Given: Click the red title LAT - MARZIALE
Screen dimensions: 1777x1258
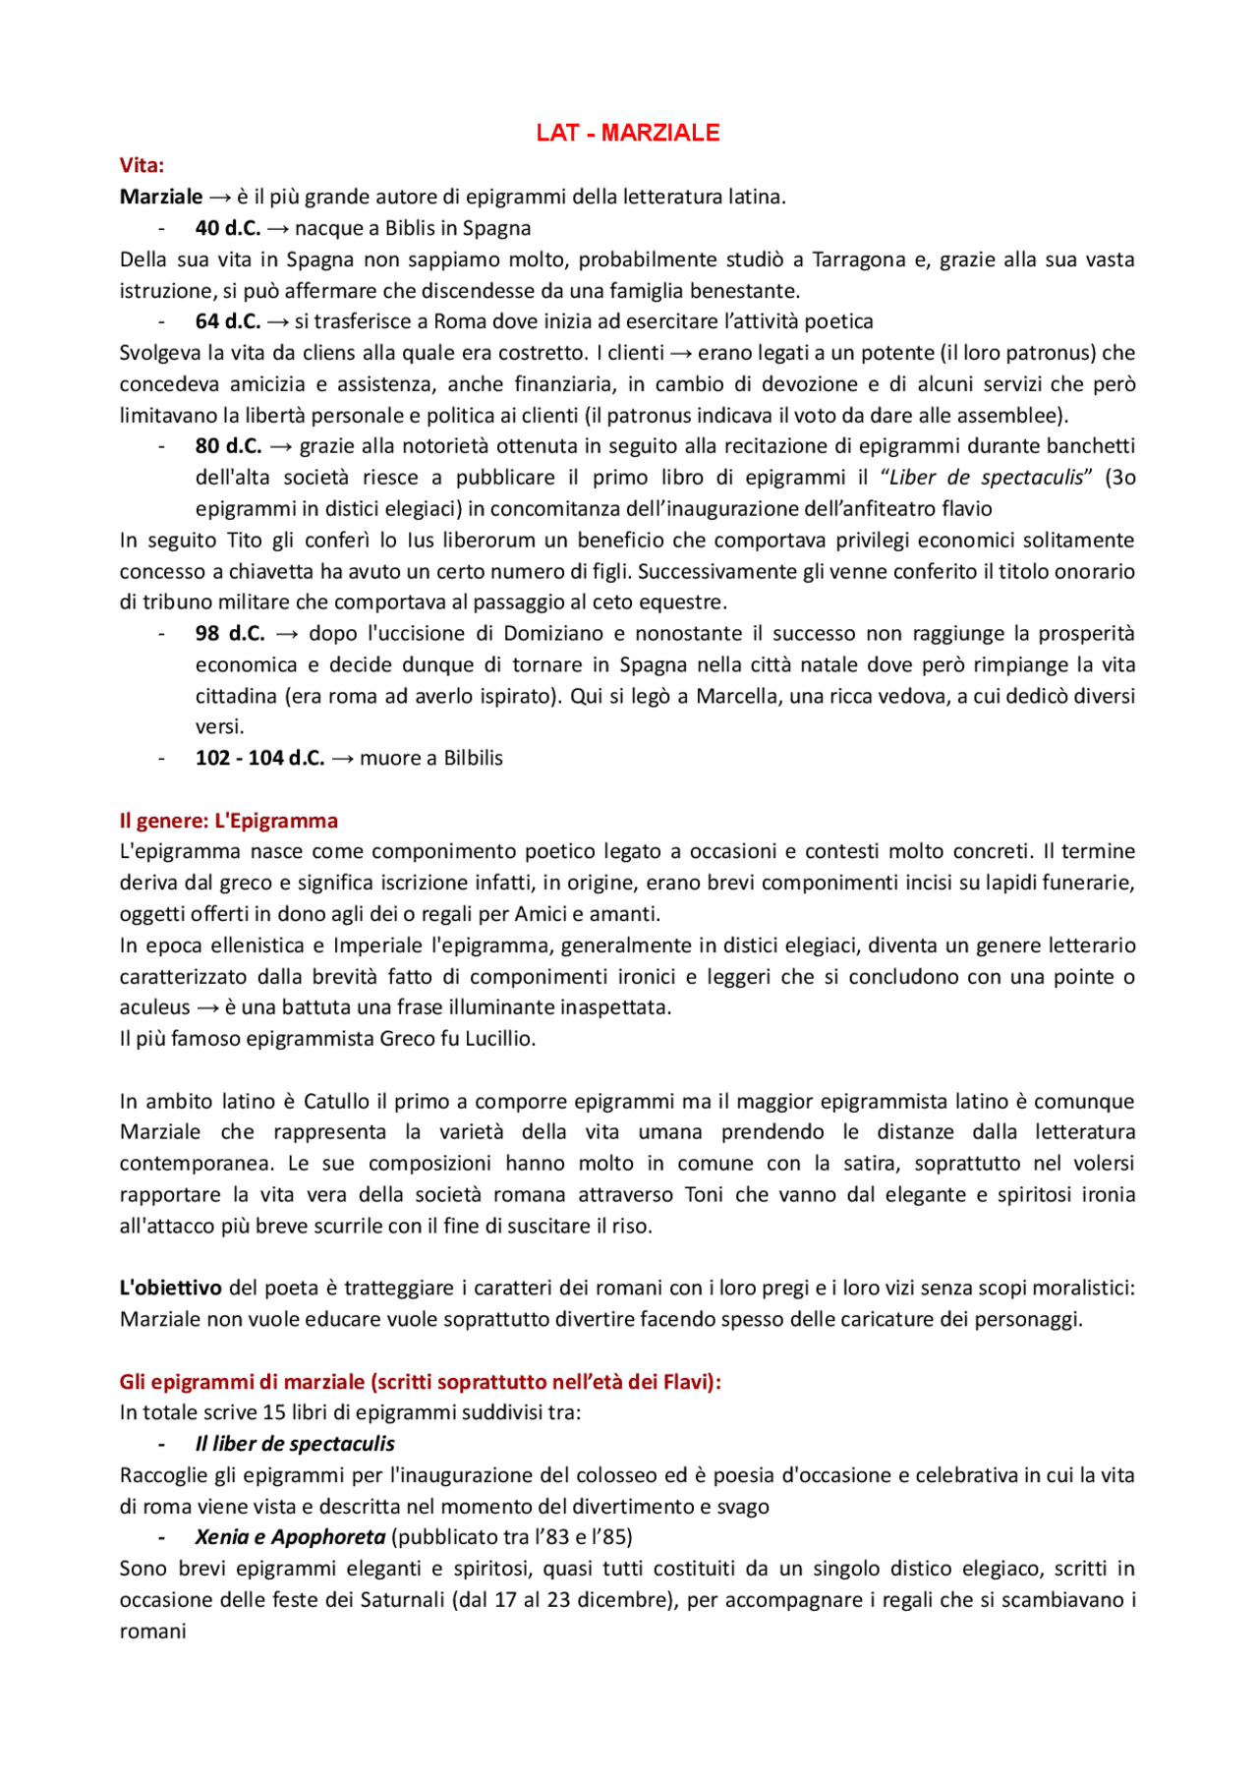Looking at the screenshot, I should click(x=627, y=133).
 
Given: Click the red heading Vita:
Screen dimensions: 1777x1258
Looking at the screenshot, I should click(x=142, y=165).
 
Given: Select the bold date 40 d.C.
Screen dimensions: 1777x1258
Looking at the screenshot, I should click(x=228, y=228).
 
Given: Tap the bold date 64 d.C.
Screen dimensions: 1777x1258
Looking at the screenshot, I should click(x=228, y=321).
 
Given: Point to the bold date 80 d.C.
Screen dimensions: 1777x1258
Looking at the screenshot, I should click(x=228, y=446).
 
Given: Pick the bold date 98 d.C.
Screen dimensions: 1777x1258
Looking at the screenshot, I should click(x=230, y=633).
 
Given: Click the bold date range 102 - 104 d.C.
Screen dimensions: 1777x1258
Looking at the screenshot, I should click(x=259, y=758).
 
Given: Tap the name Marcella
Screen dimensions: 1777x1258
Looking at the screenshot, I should click(x=732, y=696).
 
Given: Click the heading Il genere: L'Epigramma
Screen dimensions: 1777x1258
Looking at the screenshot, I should click(x=228, y=821).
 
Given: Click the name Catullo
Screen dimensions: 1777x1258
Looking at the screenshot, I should click(x=336, y=1101).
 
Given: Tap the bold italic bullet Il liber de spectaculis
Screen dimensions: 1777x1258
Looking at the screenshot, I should click(x=295, y=1444).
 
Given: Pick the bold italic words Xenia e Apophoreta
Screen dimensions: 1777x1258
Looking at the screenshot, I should click(x=290, y=1537).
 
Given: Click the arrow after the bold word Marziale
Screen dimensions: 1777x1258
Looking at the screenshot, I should click(x=219, y=197).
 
